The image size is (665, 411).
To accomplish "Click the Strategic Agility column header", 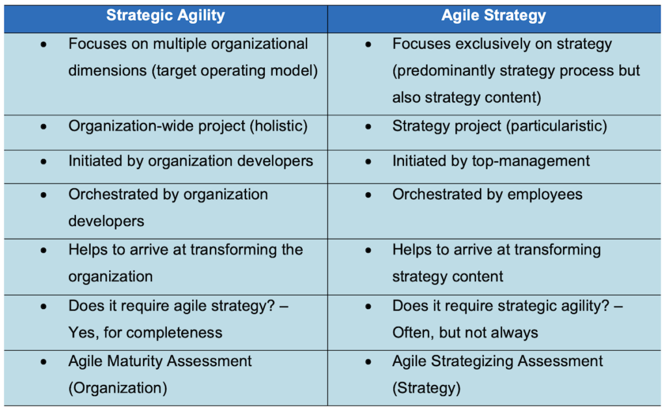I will point(166,16).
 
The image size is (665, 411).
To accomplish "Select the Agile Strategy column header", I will point(494,16).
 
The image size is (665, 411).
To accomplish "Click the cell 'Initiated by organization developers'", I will point(190,160).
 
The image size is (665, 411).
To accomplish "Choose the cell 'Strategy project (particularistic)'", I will point(499,125).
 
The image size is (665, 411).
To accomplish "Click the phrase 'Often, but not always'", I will point(465,333).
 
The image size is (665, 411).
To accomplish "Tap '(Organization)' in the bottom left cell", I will point(118,388).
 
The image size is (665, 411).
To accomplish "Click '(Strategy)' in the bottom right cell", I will point(426,388).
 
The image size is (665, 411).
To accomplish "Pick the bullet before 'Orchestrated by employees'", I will point(368,195).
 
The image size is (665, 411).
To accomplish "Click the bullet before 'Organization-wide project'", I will point(44,126).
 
